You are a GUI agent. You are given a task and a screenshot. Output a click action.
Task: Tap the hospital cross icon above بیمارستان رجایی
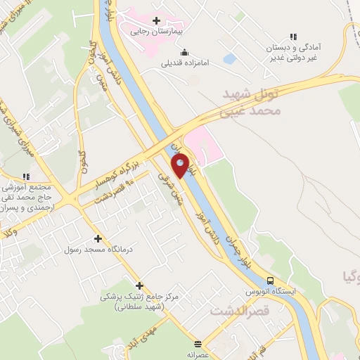(x=156, y=20)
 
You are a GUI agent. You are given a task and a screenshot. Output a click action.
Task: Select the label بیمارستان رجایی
(x=156, y=32)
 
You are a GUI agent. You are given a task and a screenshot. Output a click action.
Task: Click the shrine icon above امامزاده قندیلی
(x=184, y=51)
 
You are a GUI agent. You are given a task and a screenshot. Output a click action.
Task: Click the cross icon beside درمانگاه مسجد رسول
(x=98, y=239)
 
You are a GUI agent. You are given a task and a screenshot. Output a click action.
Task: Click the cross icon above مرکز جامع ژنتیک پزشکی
(x=140, y=285)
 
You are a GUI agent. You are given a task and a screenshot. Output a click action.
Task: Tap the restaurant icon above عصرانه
(x=198, y=344)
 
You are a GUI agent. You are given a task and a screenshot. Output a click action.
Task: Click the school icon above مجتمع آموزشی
(x=26, y=176)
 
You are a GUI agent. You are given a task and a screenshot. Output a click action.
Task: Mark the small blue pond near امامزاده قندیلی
(x=229, y=59)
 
